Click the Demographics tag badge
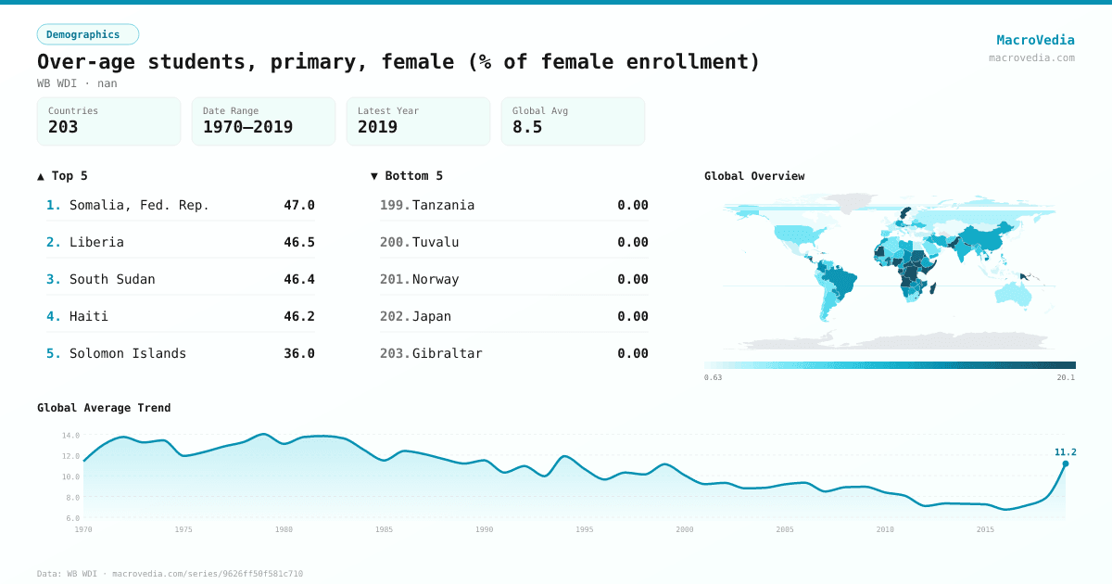[x=87, y=34]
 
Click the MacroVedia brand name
[x=1035, y=40]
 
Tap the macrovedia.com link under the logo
[x=1031, y=57]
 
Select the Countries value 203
[x=63, y=127]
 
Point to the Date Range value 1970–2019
[x=247, y=127]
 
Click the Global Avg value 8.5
[x=527, y=127]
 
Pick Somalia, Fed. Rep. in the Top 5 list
[x=139, y=205]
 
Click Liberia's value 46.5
[x=298, y=242]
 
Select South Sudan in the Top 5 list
[x=112, y=279]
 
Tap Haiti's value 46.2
[x=298, y=316]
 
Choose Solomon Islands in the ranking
[x=128, y=353]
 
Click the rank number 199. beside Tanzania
[x=394, y=205]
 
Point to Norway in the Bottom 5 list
[x=436, y=279]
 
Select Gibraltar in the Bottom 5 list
[x=447, y=353]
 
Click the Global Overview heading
[x=754, y=175]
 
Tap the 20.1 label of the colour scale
[x=1066, y=377]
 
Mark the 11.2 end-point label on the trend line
[x=1065, y=452]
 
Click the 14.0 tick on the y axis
[x=70, y=435]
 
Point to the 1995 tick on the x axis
[x=585, y=529]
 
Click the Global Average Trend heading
[x=104, y=407]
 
